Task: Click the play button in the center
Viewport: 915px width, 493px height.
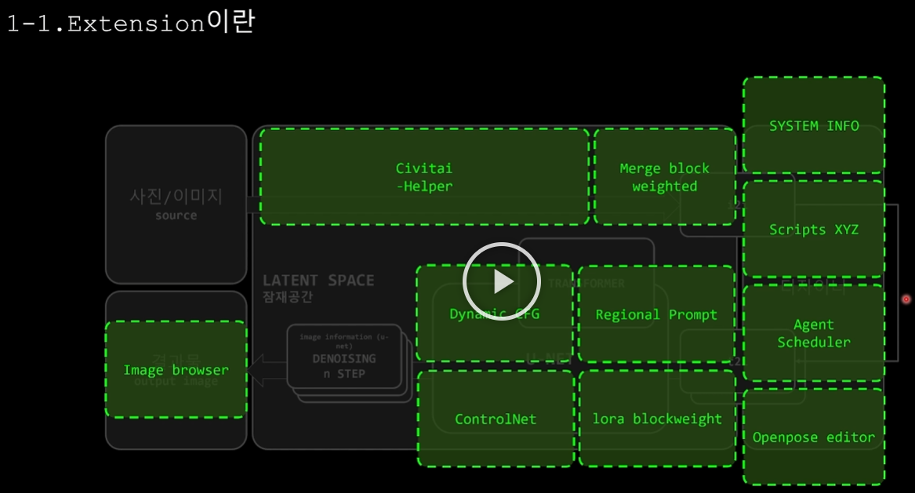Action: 502,281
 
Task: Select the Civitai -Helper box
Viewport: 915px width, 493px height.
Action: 424,177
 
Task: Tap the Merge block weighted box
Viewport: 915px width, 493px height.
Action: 664,177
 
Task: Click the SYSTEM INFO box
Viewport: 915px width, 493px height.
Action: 814,125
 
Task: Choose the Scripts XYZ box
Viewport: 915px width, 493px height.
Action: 814,230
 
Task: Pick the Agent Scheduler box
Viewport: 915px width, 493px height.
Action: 814,333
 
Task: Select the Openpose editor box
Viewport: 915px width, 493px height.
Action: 814,437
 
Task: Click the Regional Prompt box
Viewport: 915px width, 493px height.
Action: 656,314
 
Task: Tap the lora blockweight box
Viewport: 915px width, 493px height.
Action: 657,419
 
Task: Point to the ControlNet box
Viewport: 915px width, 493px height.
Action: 496,419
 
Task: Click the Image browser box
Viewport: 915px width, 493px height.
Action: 176,370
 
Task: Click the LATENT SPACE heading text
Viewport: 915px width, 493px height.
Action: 318,281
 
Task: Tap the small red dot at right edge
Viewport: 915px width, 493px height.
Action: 906,299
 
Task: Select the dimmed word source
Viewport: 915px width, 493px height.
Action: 176,216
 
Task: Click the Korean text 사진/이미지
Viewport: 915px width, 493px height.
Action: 176,196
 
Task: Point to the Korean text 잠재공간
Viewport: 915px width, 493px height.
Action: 288,297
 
